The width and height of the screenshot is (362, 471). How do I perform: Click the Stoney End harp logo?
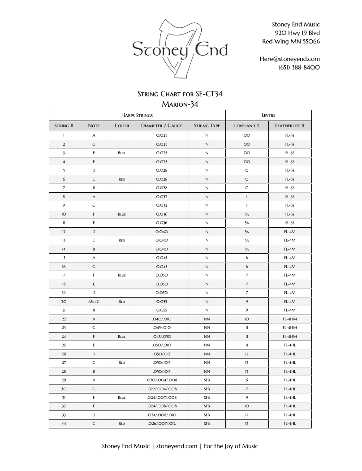pyautogui.click(x=180, y=48)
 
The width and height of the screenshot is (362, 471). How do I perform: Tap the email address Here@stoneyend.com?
pyautogui.click(x=289, y=59)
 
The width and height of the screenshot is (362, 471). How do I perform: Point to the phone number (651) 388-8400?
pyautogui.click(x=299, y=67)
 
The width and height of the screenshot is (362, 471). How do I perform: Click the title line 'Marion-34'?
pyautogui.click(x=180, y=104)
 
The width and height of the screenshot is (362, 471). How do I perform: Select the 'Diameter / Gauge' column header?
pyautogui.click(x=162, y=126)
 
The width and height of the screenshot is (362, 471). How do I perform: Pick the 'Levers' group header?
pyautogui.click(x=268, y=115)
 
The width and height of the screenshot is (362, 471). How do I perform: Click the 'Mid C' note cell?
pyautogui.click(x=94, y=302)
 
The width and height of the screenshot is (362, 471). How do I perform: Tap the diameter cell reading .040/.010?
pyautogui.click(x=162, y=319)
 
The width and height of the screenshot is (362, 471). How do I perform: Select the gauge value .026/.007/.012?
pyautogui.click(x=162, y=423)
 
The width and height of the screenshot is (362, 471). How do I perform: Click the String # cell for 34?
pyautogui.click(x=64, y=423)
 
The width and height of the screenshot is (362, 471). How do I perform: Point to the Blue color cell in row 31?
pyautogui.click(x=122, y=398)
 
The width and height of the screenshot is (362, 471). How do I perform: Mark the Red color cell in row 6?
pyautogui.click(x=122, y=179)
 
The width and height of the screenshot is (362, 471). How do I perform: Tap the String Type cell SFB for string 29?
pyautogui.click(x=207, y=380)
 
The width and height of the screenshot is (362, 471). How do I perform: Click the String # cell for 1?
pyautogui.click(x=64, y=135)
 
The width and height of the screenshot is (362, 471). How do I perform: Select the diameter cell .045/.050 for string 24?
pyautogui.click(x=162, y=337)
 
